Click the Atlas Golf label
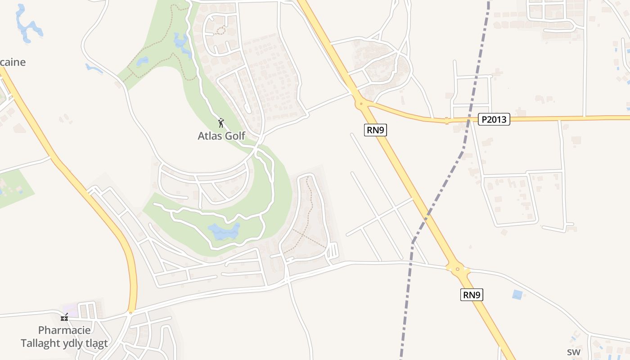pos(221,135)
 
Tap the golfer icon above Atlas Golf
pos(220,123)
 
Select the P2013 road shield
pos(494,120)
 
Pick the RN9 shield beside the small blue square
pos(472,295)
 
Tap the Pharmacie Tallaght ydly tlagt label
pos(64,337)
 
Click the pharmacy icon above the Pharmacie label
pos(64,317)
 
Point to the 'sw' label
pos(573,352)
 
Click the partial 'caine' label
pos(13,62)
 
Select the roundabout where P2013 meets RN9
pos(361,104)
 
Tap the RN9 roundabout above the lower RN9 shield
pos(458,270)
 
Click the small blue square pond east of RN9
pos(517,295)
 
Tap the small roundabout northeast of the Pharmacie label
pos(131,311)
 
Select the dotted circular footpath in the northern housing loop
pos(220,30)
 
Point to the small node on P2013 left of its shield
pos(447,121)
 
